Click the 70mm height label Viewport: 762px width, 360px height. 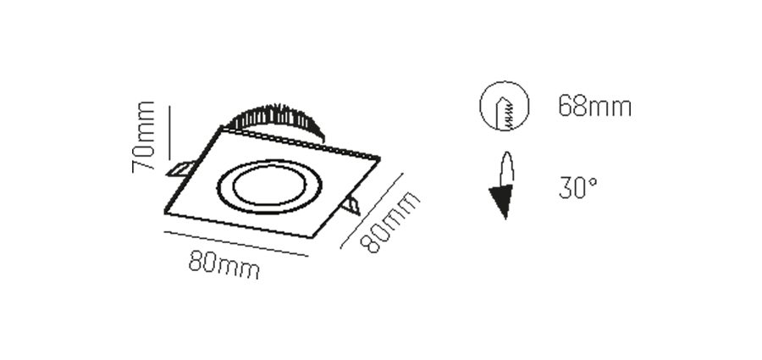pos(143,137)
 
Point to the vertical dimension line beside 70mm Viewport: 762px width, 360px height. pos(169,133)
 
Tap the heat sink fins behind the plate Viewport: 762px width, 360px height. pos(275,122)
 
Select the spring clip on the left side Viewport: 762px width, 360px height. pos(179,169)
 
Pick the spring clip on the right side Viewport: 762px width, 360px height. pos(351,206)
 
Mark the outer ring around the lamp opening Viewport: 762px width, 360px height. pos(268,213)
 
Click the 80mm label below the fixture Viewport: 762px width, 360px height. pos(224,264)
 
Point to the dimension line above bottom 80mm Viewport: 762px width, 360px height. pos(236,243)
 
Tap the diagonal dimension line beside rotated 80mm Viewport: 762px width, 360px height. pos(372,211)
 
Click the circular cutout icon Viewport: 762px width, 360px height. pos(505,106)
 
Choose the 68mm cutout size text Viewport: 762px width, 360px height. pos(595,106)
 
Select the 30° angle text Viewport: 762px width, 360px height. pos(577,188)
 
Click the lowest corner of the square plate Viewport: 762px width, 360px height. pos(311,238)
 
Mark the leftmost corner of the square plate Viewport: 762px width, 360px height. pos(165,213)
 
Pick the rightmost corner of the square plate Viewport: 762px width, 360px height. pos(379,158)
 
